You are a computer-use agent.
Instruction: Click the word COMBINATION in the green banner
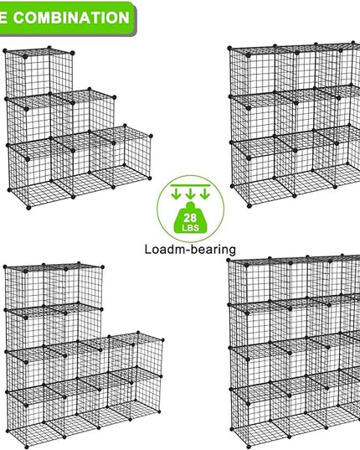[x=71, y=18]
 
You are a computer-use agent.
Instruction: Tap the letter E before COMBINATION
[x=3, y=18]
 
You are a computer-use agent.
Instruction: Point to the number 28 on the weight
[x=190, y=218]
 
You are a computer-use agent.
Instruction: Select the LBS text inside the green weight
[x=190, y=228]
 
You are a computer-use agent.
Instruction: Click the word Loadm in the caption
[x=162, y=249]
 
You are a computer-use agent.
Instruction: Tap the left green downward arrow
[x=176, y=194]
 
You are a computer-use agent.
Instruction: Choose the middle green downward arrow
[x=190, y=194]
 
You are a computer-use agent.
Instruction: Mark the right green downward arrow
[x=204, y=194]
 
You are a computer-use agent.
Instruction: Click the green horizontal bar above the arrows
[x=190, y=185]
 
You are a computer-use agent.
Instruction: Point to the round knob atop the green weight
[x=191, y=205]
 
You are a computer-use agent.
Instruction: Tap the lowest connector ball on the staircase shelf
[x=28, y=208]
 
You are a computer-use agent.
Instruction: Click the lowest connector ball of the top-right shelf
[x=249, y=206]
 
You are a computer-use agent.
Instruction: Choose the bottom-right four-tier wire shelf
[x=294, y=352]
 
